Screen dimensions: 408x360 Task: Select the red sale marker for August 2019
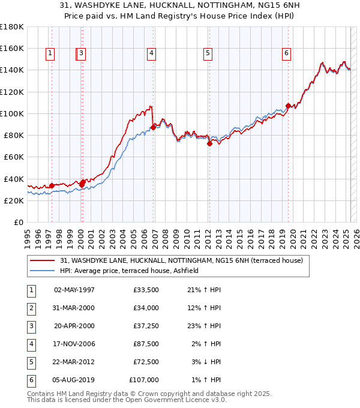[289, 106]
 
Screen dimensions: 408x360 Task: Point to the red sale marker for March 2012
[209, 143]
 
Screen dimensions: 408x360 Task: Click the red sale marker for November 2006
[154, 127]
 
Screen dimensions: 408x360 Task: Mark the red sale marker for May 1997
[52, 185]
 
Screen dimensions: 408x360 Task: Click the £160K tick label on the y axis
[12, 48]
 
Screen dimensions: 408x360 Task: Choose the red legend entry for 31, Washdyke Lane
[185, 261]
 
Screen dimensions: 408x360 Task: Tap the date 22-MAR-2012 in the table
[74, 362]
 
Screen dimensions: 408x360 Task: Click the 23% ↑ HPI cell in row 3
[205, 326]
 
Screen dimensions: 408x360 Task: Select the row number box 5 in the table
[31, 362]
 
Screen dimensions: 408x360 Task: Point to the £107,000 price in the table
[144, 380]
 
